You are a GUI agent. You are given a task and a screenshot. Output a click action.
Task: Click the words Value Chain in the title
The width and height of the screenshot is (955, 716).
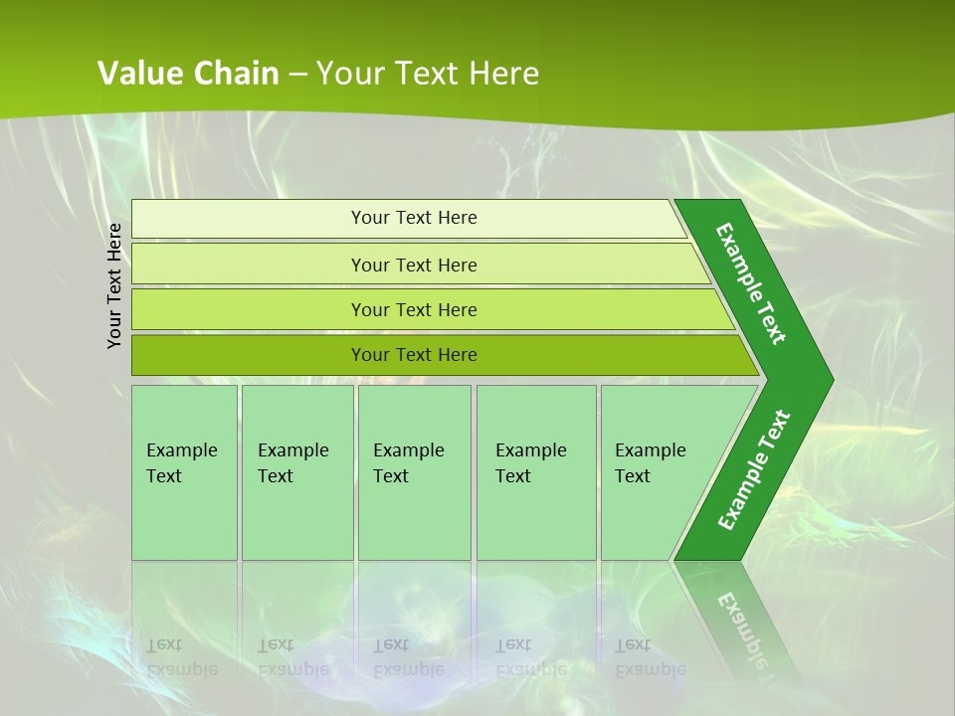pos(188,74)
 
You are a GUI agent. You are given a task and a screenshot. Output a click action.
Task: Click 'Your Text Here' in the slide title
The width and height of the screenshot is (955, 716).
pos(428,74)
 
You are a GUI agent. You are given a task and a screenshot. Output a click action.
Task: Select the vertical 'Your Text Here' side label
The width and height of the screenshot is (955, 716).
pos(115,285)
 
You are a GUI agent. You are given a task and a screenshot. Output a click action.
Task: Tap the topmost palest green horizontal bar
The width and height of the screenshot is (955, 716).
pos(249,219)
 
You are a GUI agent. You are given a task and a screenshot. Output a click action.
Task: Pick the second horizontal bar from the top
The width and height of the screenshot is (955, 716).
pos(249,265)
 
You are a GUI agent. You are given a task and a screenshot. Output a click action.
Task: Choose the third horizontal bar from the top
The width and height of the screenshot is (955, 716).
pos(249,309)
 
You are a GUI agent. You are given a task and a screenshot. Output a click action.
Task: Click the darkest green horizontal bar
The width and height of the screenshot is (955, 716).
pos(249,355)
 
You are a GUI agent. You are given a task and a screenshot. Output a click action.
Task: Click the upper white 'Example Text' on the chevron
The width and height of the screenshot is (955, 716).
pos(751,283)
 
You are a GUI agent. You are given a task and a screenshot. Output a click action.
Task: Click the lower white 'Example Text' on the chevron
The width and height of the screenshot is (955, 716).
pos(753,470)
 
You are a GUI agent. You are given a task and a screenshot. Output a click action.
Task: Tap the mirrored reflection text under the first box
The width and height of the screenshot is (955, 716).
pos(181,657)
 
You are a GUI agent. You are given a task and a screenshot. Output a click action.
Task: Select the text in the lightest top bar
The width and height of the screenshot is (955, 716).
pos(414,218)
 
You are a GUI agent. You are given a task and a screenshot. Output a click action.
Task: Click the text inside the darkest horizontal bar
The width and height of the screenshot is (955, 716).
pos(414,355)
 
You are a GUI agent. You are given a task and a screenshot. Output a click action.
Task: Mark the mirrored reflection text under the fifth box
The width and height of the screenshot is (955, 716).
pos(650,657)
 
